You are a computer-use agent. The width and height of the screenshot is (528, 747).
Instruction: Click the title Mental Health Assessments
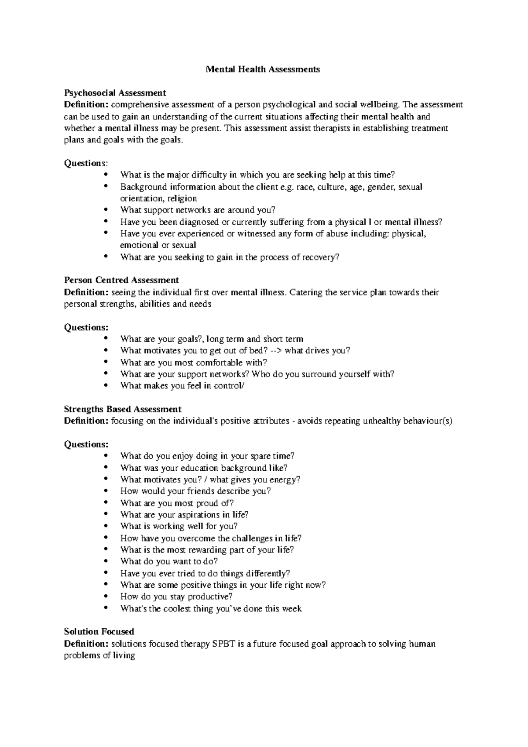tap(263, 70)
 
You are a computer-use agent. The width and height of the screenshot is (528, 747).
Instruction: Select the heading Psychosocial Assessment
tap(115, 93)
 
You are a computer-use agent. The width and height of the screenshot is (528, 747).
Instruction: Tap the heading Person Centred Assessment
tap(121, 280)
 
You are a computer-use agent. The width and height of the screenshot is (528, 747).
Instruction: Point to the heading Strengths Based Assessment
tap(123, 409)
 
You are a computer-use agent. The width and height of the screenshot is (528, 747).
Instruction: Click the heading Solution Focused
tap(99, 632)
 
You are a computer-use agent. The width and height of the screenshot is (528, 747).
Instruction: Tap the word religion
tap(182, 198)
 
